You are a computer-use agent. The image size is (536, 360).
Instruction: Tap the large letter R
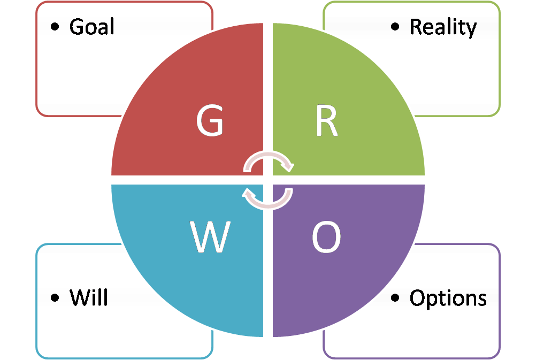(326, 122)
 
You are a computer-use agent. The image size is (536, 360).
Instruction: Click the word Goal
(91, 27)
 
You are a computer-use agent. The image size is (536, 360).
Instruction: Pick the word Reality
(443, 27)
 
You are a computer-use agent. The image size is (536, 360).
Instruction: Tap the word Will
(89, 297)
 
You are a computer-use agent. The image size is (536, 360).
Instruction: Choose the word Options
(448, 298)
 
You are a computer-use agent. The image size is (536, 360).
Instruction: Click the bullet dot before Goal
(55, 27)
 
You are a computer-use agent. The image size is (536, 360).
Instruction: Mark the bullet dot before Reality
(395, 27)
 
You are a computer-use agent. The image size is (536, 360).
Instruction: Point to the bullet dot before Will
(55, 297)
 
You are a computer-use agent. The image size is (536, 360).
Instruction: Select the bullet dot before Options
(395, 297)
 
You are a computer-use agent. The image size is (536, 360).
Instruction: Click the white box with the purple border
(460, 332)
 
